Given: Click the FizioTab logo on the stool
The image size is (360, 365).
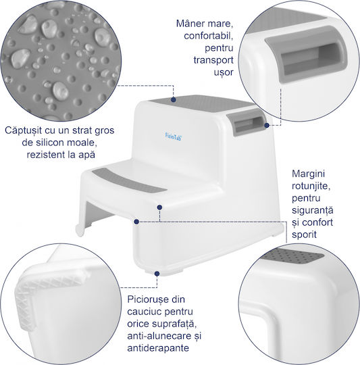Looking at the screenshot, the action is [x=174, y=137].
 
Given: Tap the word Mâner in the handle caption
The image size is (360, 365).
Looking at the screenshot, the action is [x=191, y=24].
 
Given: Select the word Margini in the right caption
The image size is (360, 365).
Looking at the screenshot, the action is [x=308, y=174].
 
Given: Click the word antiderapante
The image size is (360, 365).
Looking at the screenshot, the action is [x=158, y=348].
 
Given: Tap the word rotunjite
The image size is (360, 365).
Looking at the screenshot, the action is [x=311, y=186].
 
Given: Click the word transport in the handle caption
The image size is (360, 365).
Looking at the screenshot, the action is [x=213, y=60].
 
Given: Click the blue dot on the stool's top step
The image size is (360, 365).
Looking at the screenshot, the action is [x=174, y=99].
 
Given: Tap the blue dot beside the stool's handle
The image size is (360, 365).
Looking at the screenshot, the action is [x=267, y=126].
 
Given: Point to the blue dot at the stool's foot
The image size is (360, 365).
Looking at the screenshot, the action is [x=157, y=274].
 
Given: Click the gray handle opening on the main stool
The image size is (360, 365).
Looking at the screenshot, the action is [x=247, y=123].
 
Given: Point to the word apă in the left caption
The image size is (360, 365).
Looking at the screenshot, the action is [x=86, y=155].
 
